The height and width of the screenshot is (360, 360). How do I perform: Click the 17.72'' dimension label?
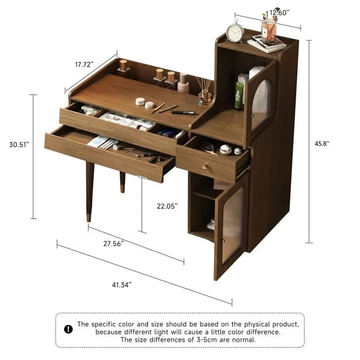click(83, 65)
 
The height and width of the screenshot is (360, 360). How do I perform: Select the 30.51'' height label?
click(19, 145)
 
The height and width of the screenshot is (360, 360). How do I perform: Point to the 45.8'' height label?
click(321, 144)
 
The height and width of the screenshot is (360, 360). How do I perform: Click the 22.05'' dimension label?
click(168, 206)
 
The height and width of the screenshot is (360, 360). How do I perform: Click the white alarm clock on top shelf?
click(236, 33)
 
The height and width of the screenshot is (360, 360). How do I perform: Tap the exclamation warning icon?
click(68, 329)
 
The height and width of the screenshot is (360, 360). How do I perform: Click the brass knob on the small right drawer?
click(203, 167)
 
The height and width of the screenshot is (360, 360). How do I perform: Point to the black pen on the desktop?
click(183, 112)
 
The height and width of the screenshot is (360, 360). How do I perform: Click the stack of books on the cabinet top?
click(267, 44)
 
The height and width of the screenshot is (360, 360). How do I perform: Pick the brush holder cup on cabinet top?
click(268, 31)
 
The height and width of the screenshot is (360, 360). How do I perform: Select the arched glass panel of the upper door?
click(261, 102)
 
